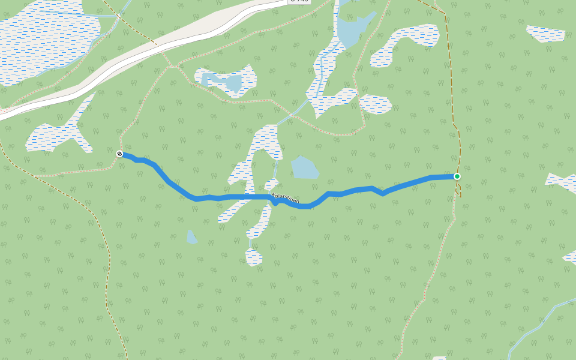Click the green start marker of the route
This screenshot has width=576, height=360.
click(457, 176)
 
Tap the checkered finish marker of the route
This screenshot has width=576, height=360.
click(119, 154)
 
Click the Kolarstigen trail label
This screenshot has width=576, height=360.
click(286, 198)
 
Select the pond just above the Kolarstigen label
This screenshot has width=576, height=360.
click(304, 167)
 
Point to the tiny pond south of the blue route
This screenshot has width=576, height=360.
click(191, 238)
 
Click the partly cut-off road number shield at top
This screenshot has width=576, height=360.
click(299, 2)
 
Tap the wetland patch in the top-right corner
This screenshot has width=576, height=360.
click(546, 34)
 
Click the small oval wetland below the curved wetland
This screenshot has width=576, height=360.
click(376, 104)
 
